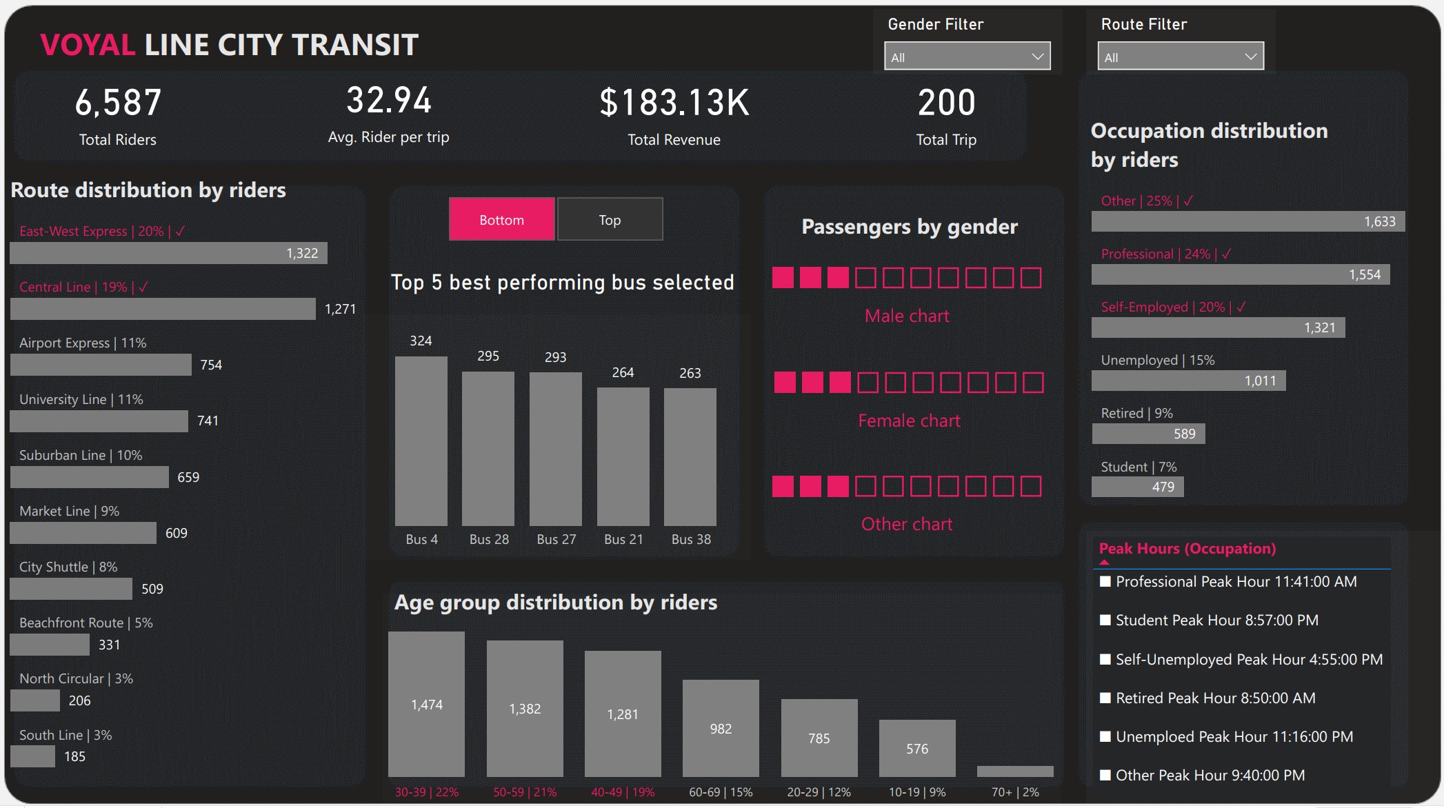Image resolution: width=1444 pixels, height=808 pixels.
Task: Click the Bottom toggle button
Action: coord(501,219)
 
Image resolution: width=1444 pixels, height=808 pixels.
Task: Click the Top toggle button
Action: coord(610,219)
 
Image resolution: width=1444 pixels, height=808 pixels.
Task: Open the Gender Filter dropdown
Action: coord(967,57)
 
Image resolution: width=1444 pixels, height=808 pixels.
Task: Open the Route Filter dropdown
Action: coord(1180,57)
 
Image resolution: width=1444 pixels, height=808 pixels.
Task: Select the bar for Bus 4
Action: coord(421,441)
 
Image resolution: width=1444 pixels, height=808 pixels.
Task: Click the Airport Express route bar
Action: coord(101,365)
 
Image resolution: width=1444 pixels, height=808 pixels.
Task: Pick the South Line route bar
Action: coord(32,756)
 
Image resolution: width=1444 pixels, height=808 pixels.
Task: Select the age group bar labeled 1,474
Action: coord(426,704)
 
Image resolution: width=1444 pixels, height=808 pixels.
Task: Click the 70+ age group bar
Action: coord(1015,771)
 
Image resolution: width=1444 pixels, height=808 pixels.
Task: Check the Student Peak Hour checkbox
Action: coord(1105,620)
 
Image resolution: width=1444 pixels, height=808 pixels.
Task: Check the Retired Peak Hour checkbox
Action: coord(1105,698)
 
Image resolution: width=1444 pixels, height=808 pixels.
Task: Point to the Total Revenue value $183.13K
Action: coord(674,103)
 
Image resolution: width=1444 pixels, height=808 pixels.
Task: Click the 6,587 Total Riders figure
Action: coord(118,103)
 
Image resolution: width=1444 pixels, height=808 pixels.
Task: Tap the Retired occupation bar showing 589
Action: coord(1148,434)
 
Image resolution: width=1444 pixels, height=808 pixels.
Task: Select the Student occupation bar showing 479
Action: coord(1137,487)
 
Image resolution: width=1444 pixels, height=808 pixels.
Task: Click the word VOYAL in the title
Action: coord(88,46)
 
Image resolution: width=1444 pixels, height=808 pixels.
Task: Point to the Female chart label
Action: coord(909,421)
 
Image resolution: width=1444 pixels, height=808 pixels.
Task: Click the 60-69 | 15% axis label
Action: coord(721,792)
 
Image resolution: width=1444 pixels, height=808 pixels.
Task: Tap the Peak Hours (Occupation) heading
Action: coord(1187,549)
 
